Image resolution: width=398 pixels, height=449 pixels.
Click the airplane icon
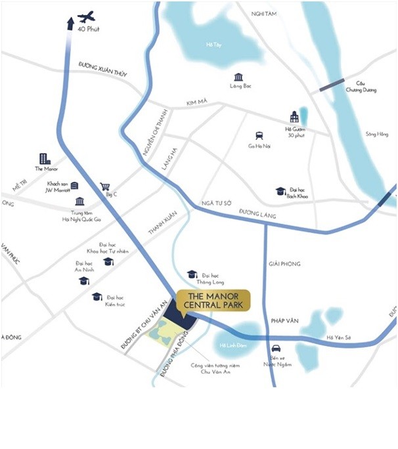86,17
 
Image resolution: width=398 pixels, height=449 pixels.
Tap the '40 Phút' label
87,30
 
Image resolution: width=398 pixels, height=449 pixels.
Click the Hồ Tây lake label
213,45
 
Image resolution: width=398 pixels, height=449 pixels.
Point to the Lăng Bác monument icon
238,77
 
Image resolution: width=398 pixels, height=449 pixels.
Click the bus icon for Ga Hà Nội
260,135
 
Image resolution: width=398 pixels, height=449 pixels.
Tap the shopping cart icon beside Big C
104,186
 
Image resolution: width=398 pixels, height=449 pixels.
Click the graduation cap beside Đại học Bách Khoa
280,191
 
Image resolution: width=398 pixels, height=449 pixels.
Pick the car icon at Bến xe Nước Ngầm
276,348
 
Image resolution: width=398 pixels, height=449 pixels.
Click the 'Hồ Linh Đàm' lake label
227,346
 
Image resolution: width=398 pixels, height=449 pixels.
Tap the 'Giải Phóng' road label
284,264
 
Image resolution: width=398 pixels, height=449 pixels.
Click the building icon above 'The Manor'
44,158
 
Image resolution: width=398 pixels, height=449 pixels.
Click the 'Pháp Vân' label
284,320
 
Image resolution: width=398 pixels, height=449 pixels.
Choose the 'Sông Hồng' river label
377,134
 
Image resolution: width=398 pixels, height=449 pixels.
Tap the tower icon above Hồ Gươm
294,117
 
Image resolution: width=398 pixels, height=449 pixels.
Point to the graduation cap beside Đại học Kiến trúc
97,297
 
